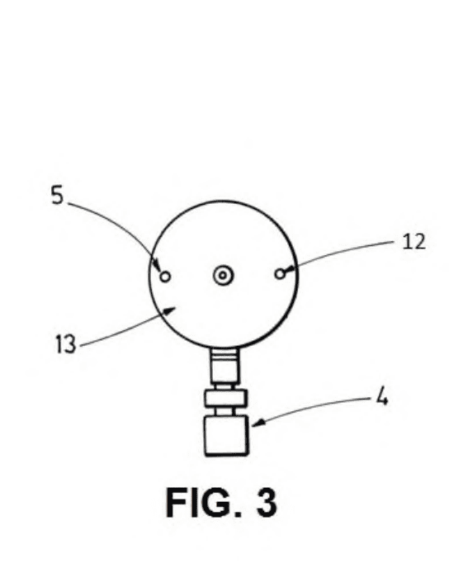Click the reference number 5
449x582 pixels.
tap(57, 195)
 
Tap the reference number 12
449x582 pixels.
tap(414, 242)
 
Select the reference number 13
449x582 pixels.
tap(66, 344)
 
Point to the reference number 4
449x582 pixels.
tap(382, 397)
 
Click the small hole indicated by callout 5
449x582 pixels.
tap(165, 277)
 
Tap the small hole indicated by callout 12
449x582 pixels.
tap(280, 274)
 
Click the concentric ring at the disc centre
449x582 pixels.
tap(223, 276)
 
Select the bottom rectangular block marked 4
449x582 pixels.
tap(226, 435)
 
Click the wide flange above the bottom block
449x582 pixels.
tap(226, 398)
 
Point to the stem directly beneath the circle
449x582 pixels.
tap(224, 366)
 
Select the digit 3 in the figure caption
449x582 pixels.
tap(267, 502)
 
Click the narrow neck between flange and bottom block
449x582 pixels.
tap(224, 411)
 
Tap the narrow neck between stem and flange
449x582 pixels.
tap(224, 386)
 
